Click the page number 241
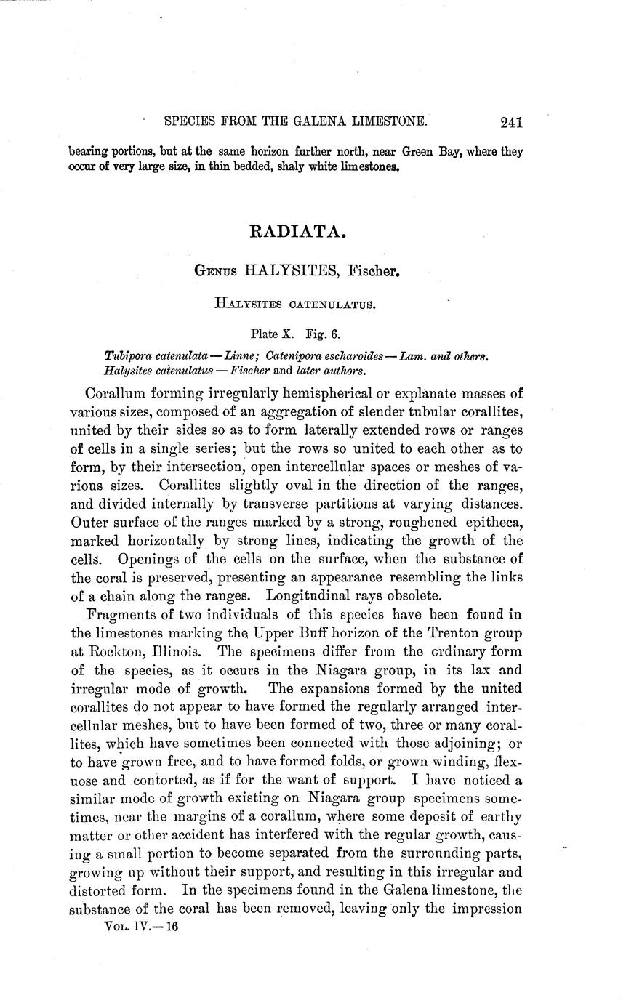(x=512, y=123)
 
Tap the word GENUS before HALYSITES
(x=215, y=273)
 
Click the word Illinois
(x=177, y=652)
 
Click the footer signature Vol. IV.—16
(x=142, y=927)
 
